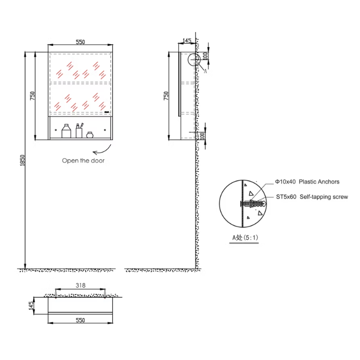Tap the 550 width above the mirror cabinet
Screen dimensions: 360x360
coord(80,43)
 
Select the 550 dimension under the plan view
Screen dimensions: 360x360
coord(80,320)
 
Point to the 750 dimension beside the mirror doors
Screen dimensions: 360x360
coord(32,95)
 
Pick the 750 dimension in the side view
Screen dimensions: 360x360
coord(166,95)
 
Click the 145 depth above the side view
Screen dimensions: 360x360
coord(186,40)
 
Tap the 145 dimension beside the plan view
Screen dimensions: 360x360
coord(31,306)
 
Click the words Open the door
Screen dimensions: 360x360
coord(83,160)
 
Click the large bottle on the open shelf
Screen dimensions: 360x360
coord(66,132)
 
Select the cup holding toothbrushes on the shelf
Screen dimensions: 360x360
coord(79,130)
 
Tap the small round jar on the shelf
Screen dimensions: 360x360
coord(90,135)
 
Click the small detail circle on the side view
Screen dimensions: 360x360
coord(194,60)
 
